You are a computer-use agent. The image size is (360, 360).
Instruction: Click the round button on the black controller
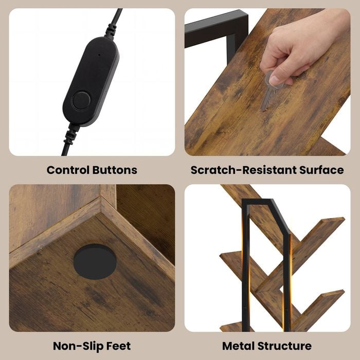coord(81,101)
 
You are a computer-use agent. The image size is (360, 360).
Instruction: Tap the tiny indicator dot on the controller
coord(99,55)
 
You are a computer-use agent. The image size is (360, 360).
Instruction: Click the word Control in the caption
coord(68,170)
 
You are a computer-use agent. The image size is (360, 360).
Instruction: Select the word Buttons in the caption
coord(115,170)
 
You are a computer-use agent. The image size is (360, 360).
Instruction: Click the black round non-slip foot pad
coord(95,261)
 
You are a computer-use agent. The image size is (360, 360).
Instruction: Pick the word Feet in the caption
coord(119,346)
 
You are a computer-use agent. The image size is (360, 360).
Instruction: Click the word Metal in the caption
coord(238,346)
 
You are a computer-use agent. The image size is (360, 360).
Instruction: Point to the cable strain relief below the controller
coord(71,133)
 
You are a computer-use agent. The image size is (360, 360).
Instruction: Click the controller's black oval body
coord(91,81)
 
